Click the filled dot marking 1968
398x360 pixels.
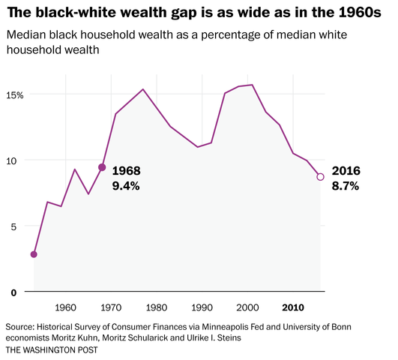[x=102, y=167]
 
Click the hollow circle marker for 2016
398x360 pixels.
[x=320, y=177]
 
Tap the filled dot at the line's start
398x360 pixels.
[x=34, y=254]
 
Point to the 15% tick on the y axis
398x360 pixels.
[x=16, y=95]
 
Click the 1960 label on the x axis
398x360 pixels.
[x=66, y=307]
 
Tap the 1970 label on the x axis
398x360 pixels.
[x=112, y=307]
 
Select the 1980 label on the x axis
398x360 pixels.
[x=157, y=307]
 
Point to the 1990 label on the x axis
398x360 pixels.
[x=202, y=307]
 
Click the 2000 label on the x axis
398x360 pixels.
[x=247, y=307]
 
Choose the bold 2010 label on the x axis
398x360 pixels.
[x=293, y=307]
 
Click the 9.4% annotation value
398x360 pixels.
[x=126, y=186]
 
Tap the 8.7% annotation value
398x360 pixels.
[x=345, y=186]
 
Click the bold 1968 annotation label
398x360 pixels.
[x=126, y=171]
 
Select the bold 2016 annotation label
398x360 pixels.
[x=346, y=171]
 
